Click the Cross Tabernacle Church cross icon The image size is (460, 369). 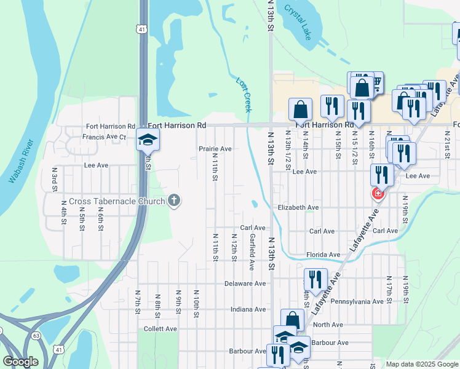pyautogui.click(x=175, y=200)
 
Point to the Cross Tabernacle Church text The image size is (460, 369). pyautogui.click(x=117, y=201)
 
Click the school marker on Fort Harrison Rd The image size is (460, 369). pyautogui.click(x=148, y=140)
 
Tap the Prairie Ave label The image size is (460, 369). pyautogui.click(x=215, y=149)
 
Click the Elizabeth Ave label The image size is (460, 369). pyautogui.click(x=298, y=208)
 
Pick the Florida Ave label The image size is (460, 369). pyautogui.click(x=323, y=255)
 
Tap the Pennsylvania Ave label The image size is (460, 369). pyautogui.click(x=357, y=302)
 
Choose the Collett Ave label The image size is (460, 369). pyautogui.click(x=162, y=329)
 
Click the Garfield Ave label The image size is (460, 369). pyautogui.click(x=252, y=252)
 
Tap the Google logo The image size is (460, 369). pyautogui.click(x=20, y=362)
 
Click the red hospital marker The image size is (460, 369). pyautogui.click(x=378, y=195)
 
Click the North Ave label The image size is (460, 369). pyautogui.click(x=327, y=325)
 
